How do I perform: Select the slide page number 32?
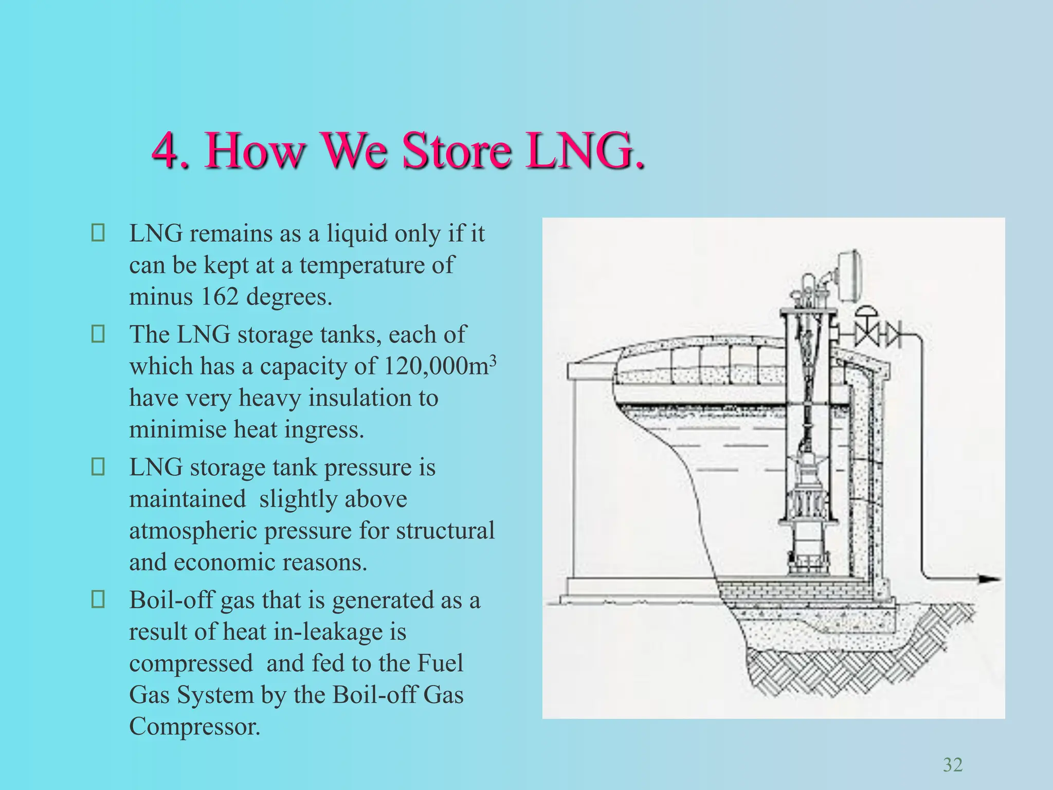(x=952, y=765)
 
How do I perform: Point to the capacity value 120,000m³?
(x=440, y=366)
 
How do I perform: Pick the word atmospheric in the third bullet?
(x=193, y=531)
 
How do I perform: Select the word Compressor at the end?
(x=194, y=726)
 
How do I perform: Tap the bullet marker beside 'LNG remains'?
(x=98, y=233)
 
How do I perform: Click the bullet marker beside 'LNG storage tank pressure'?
(x=98, y=467)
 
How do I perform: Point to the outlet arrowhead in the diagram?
(x=988, y=580)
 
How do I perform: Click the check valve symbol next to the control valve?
(x=893, y=335)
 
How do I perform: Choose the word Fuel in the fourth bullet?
(x=440, y=663)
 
